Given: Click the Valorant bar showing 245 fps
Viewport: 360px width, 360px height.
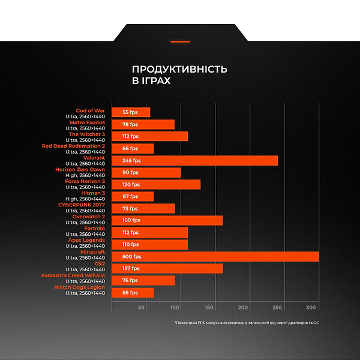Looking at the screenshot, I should click(195, 160).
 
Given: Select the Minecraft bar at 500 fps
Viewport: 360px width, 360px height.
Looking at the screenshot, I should click(215, 256).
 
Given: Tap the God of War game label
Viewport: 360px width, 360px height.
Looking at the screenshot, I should click(91, 110).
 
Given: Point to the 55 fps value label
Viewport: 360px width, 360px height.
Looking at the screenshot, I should click(130, 112).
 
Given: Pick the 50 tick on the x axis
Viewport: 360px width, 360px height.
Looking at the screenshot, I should click(142, 307).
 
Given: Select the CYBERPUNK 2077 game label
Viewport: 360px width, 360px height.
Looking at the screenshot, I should click(82, 205).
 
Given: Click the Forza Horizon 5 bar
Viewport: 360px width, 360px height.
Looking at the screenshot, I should click(156, 184).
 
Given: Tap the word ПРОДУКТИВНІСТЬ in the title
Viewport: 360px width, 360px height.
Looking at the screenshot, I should click(179, 69).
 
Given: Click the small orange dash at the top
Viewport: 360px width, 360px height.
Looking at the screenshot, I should click(180, 41).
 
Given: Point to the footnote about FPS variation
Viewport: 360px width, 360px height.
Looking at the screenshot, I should click(247, 322).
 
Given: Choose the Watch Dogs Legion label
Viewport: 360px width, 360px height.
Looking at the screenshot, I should click(80, 287).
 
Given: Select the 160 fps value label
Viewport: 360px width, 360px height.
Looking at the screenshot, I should click(131, 220).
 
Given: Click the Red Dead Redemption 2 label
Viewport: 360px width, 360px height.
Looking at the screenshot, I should click(73, 146).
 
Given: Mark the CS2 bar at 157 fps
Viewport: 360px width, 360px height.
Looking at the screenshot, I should click(167, 268).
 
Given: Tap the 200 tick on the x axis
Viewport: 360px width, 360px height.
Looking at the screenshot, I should click(244, 307).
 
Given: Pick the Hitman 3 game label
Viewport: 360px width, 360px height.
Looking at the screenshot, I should click(93, 193).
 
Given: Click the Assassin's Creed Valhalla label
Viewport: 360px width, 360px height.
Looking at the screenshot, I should click(73, 275).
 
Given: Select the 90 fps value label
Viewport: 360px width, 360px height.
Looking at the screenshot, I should click(130, 172).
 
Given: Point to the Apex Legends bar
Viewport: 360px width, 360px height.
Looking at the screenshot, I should click(149, 244).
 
